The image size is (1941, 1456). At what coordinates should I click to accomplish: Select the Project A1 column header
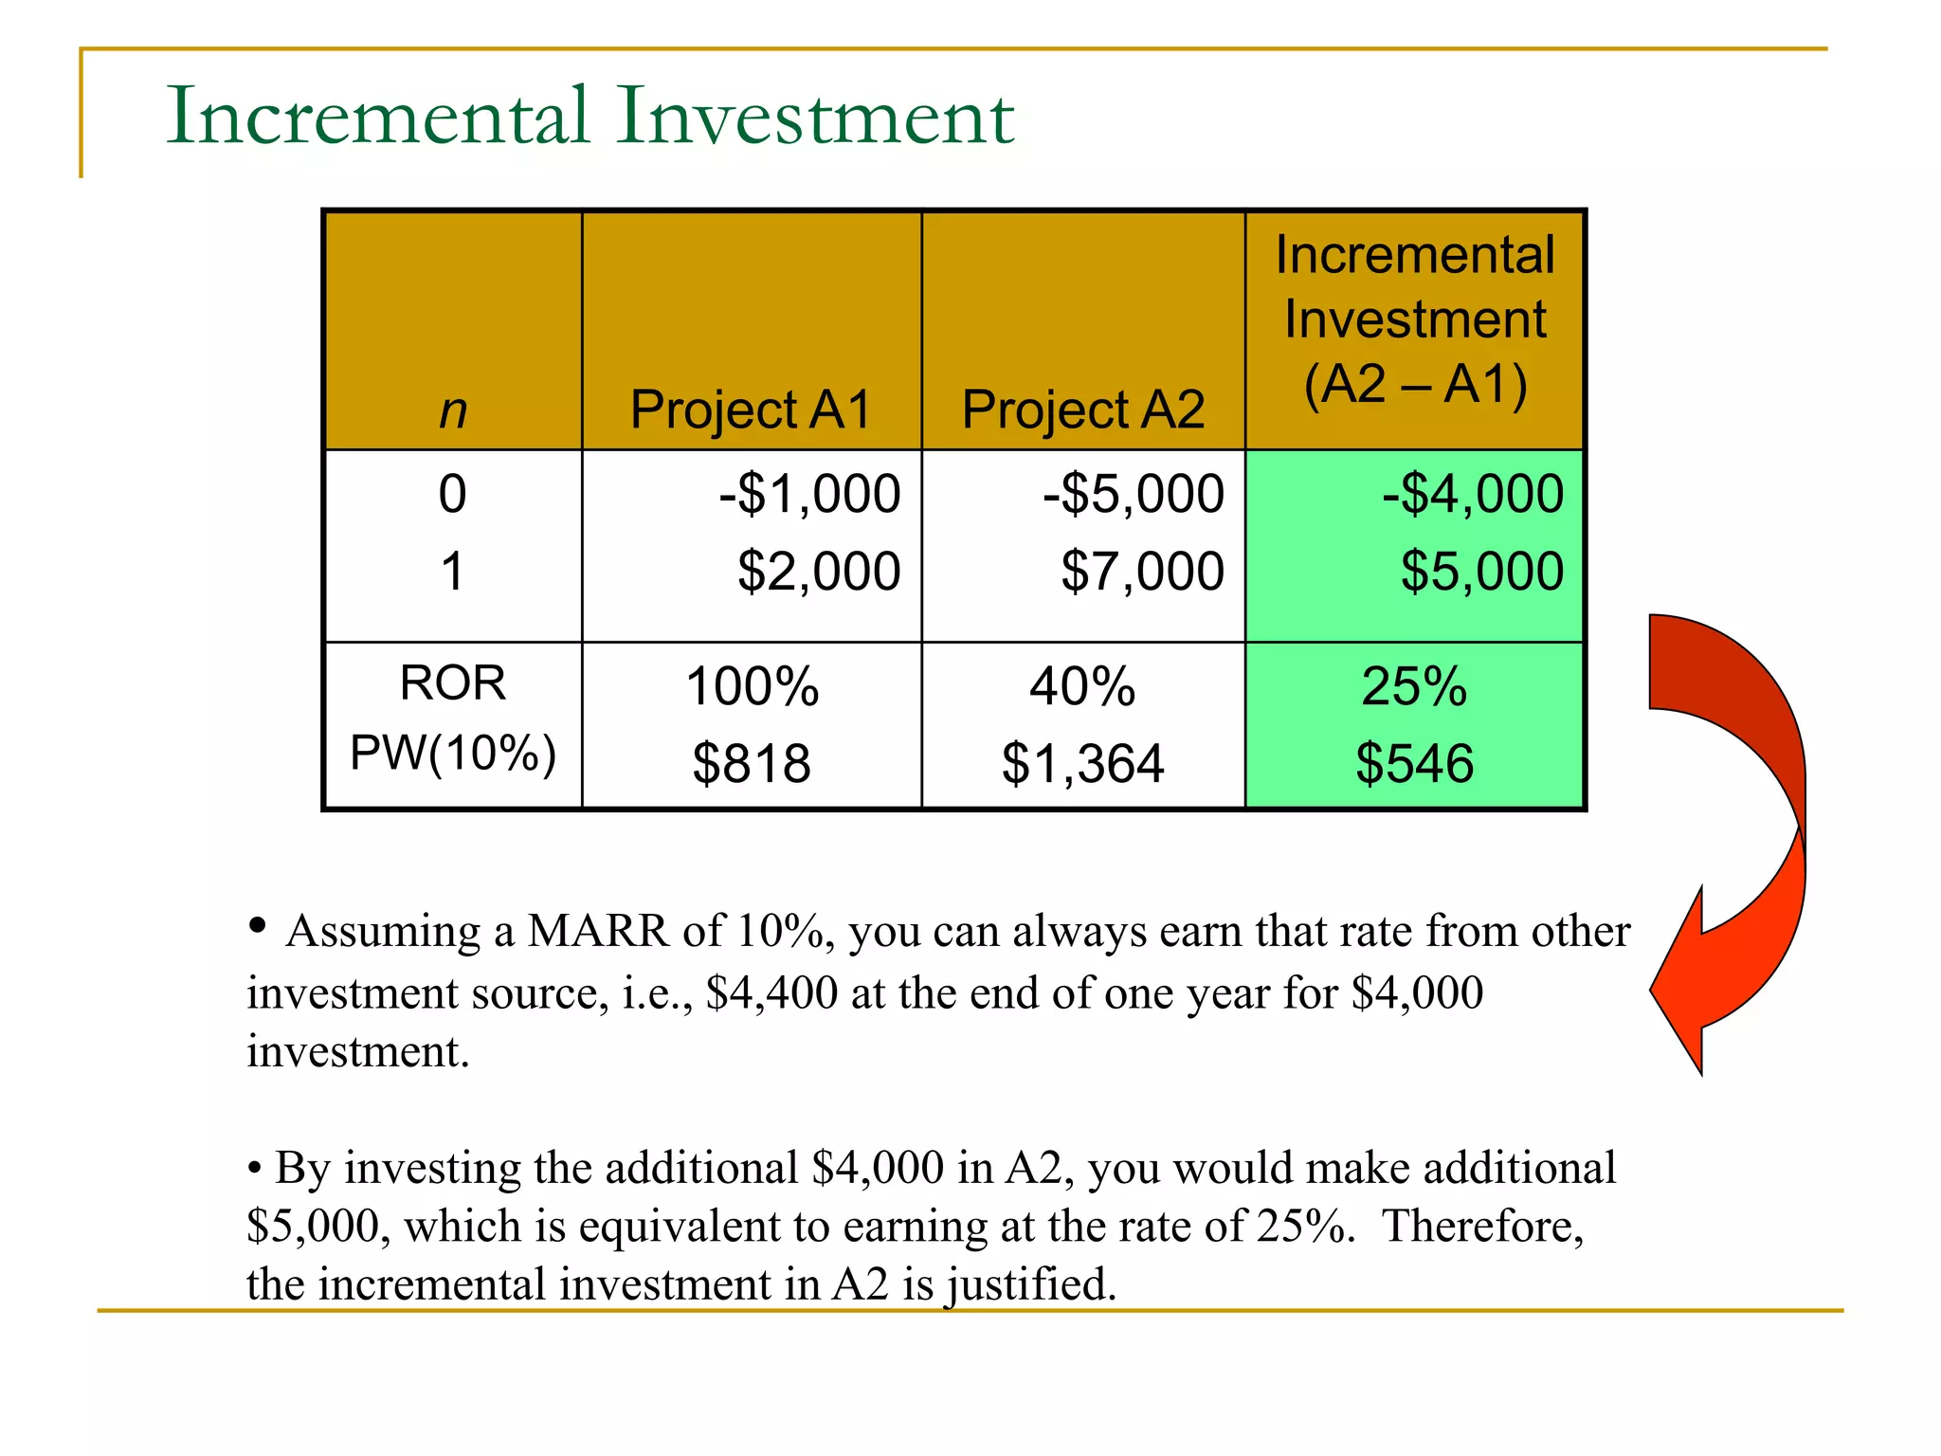click(x=750, y=409)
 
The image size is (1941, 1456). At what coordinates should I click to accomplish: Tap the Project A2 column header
click(x=1082, y=409)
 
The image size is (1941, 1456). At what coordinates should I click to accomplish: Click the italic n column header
click(x=453, y=411)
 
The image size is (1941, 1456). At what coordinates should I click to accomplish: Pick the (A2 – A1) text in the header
click(x=1415, y=384)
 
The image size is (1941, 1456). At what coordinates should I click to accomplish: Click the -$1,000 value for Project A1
click(x=809, y=494)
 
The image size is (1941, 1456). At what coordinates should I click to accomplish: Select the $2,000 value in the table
click(x=819, y=572)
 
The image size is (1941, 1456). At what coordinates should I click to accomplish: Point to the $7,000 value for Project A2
click(x=1142, y=572)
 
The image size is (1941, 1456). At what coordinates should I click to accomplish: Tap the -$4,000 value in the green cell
click(x=1472, y=494)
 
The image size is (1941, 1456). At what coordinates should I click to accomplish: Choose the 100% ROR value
click(x=752, y=686)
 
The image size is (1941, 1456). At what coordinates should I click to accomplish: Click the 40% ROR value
click(x=1082, y=686)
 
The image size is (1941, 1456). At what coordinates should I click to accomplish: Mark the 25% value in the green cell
click(x=1414, y=686)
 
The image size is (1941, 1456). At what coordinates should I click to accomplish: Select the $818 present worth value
click(x=752, y=763)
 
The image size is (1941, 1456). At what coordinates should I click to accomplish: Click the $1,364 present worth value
click(x=1082, y=763)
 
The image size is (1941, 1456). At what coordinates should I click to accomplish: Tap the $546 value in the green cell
click(x=1414, y=763)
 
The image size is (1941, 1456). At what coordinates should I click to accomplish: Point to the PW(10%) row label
click(x=453, y=754)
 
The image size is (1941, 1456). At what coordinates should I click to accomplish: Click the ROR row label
click(x=453, y=682)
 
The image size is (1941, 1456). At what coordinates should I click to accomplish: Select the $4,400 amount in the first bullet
click(x=771, y=993)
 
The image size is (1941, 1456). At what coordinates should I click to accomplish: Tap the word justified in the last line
click(x=1029, y=1285)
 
